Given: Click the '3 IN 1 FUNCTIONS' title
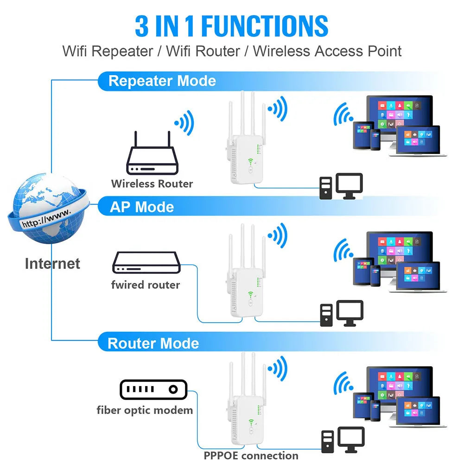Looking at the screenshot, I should pyautogui.click(x=231, y=26).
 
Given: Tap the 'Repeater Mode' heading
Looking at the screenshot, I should pyautogui.click(x=162, y=81).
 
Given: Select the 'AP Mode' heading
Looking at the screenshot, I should pyautogui.click(x=141, y=207).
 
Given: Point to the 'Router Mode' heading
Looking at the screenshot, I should pyautogui.click(x=153, y=343).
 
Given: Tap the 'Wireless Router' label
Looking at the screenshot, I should pyautogui.click(x=152, y=184).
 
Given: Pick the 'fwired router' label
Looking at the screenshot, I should pyautogui.click(x=145, y=285).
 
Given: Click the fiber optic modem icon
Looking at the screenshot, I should pyautogui.click(x=153, y=389).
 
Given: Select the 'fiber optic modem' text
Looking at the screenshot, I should pyautogui.click(x=145, y=410).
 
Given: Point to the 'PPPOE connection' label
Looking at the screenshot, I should pyautogui.click(x=251, y=456).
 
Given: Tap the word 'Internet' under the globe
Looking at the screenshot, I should pyautogui.click(x=52, y=264).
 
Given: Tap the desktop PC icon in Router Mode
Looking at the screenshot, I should pyautogui.click(x=343, y=440).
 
